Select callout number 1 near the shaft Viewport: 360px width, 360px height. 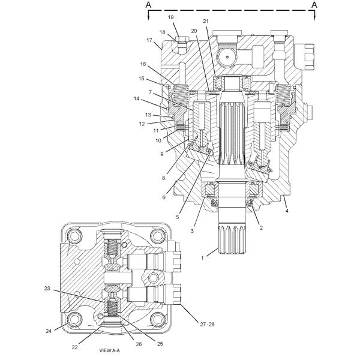[202, 258]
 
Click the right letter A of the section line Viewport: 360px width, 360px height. [313, 5]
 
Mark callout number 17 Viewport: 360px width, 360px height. [149, 40]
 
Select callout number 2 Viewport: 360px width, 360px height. [262, 229]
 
